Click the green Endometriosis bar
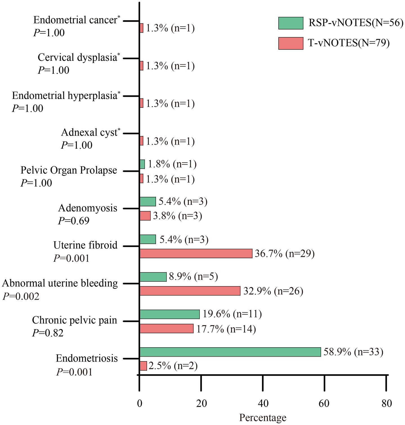[x=230, y=352]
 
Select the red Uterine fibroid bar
[x=196, y=253]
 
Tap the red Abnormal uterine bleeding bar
[x=190, y=291]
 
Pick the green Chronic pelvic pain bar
[x=169, y=314]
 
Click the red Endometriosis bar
[x=143, y=366]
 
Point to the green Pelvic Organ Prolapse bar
[x=142, y=164]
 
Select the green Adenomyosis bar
[x=148, y=202]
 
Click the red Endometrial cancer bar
[x=142, y=28]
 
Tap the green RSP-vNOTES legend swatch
[x=291, y=23]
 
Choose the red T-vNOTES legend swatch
[x=291, y=43]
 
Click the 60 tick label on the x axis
[x=324, y=403]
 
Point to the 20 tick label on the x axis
[x=201, y=403]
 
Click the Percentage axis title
[x=263, y=418]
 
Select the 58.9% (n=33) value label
[x=353, y=352]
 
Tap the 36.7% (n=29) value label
[x=285, y=253]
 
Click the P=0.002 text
[x=21, y=296]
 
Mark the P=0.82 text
[x=48, y=333]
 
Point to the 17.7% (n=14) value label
[x=226, y=329]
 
